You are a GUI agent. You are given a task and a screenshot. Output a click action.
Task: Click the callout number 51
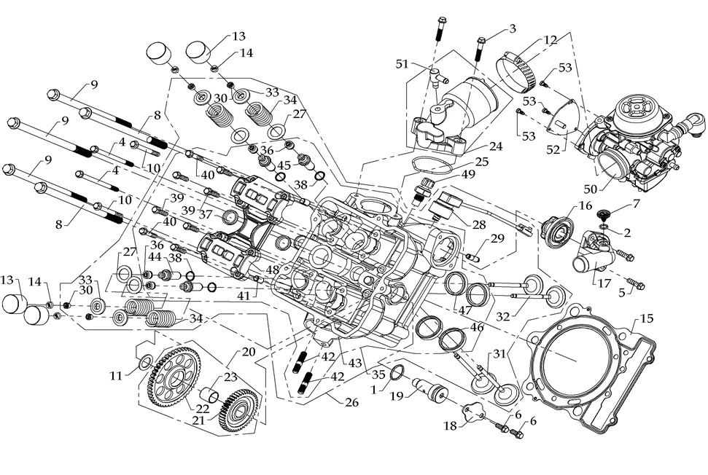(x=400, y=63)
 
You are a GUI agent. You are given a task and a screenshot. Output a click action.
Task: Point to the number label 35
(x=378, y=375)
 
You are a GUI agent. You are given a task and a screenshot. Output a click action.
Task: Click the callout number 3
(x=513, y=28)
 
